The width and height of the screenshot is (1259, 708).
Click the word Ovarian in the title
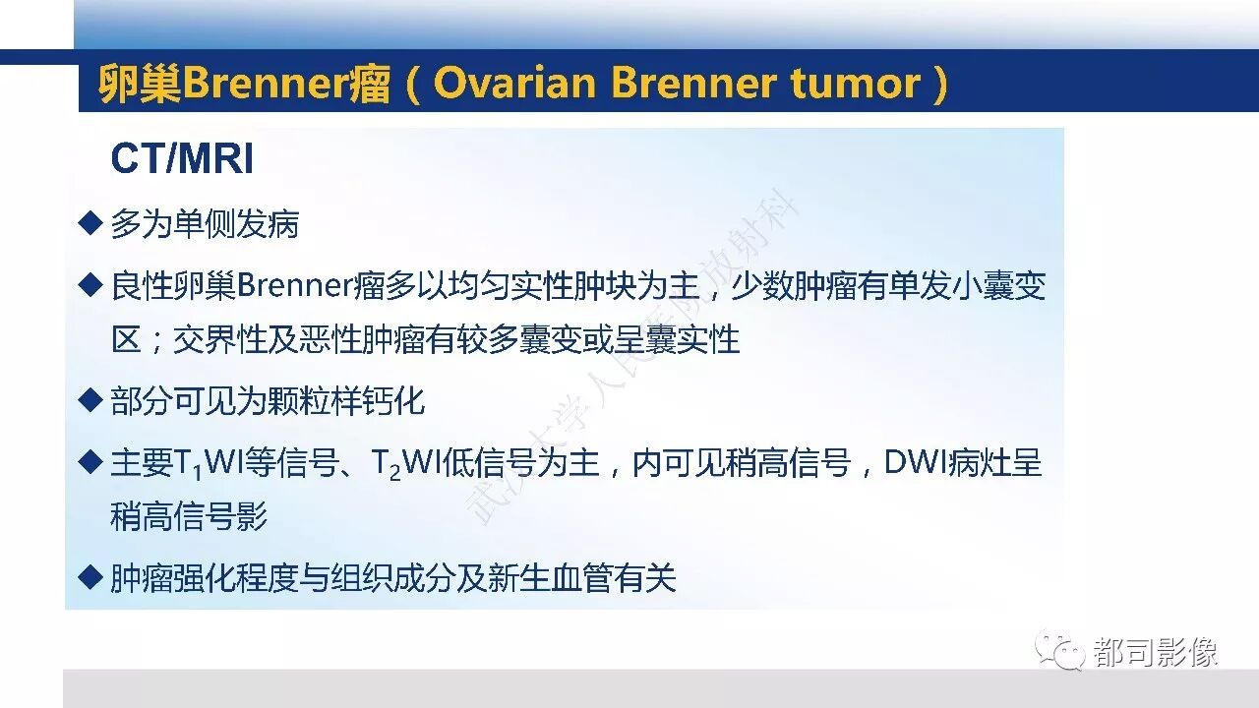pos(513,84)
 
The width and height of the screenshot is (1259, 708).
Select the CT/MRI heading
pos(182,158)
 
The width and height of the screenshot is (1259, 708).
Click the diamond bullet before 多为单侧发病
pos(90,222)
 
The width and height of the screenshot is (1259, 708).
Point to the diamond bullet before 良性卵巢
pos(90,284)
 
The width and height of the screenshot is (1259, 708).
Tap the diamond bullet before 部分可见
pos(90,400)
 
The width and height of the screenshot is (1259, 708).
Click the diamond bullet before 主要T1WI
pos(90,462)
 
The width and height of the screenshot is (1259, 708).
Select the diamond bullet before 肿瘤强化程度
pos(90,577)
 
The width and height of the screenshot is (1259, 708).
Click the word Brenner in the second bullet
pos(295,285)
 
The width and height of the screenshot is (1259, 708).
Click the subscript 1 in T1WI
pos(198,473)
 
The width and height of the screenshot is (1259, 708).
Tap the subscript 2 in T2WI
pos(394,473)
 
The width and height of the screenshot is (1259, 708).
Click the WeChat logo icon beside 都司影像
pos(1060,650)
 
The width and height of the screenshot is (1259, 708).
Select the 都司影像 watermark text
pos(1155,652)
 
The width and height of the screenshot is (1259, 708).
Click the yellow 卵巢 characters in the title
pos(140,84)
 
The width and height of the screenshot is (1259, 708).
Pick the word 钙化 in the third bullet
pos(394,401)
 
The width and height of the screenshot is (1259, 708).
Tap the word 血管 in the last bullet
pos(581,577)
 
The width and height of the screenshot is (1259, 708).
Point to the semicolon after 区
pos(157,341)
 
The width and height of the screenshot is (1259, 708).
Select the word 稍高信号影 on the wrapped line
pos(189,516)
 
